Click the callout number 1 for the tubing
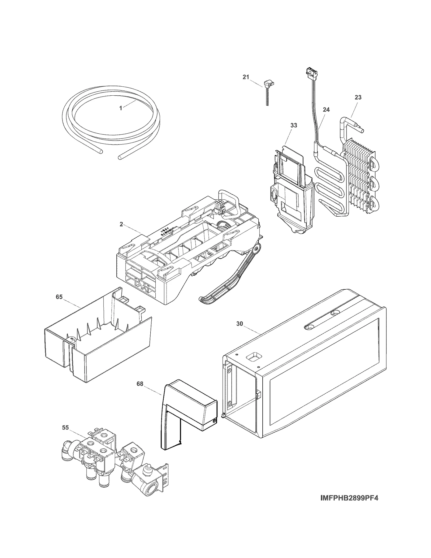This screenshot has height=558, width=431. coord(121,108)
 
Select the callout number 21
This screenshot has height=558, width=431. coord(246,77)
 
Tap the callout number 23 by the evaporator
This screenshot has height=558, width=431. coord(358,97)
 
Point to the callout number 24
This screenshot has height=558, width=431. coord(326,110)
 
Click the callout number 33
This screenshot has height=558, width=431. coord(294,125)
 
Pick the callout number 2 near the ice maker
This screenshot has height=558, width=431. coord(121,224)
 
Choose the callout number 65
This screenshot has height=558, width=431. coord(59,297)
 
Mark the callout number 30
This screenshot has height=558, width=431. coord(240,324)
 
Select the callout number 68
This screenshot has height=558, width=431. coord(140,384)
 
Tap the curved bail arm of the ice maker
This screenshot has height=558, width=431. coord(229,283)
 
